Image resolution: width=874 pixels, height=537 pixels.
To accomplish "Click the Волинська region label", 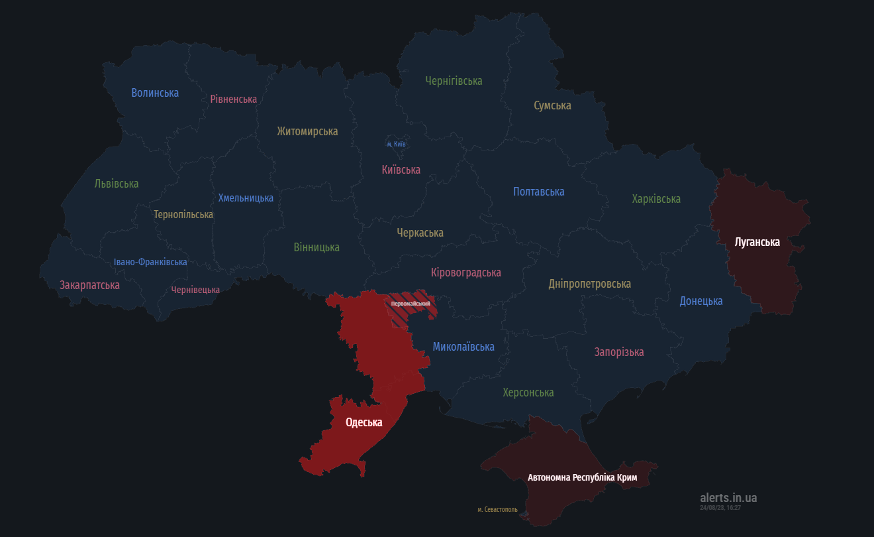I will tap(155, 93).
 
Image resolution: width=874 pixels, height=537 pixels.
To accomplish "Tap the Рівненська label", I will tap(233, 99).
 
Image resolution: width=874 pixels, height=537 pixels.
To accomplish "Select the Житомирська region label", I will tap(307, 131).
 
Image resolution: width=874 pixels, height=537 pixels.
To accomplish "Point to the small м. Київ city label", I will tap(396, 144).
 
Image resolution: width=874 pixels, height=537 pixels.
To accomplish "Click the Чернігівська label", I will tap(454, 81).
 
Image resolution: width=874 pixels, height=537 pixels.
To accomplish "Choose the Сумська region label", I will tap(552, 105).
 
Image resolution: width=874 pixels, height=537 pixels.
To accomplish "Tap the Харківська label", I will tap(655, 199).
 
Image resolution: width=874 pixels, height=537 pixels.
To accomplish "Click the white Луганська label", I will tap(757, 242).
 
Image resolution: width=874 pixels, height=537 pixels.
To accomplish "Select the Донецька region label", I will tap(701, 301).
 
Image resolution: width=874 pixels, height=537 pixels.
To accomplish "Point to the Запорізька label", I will tap(618, 352).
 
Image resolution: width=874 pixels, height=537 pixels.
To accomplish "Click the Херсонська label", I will tap(528, 392).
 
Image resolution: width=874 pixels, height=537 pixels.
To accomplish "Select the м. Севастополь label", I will tap(497, 510).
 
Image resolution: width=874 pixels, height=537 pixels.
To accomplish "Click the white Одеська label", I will tap(364, 422).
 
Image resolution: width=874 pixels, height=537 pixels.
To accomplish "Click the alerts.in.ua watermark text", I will tap(728, 498).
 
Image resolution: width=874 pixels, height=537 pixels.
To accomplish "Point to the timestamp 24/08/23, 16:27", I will tap(720, 508).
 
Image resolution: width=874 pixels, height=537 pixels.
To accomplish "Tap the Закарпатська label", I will tap(89, 285).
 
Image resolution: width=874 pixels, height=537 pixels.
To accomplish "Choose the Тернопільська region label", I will tap(183, 215).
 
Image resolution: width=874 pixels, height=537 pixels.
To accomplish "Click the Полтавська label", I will tap(538, 192).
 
